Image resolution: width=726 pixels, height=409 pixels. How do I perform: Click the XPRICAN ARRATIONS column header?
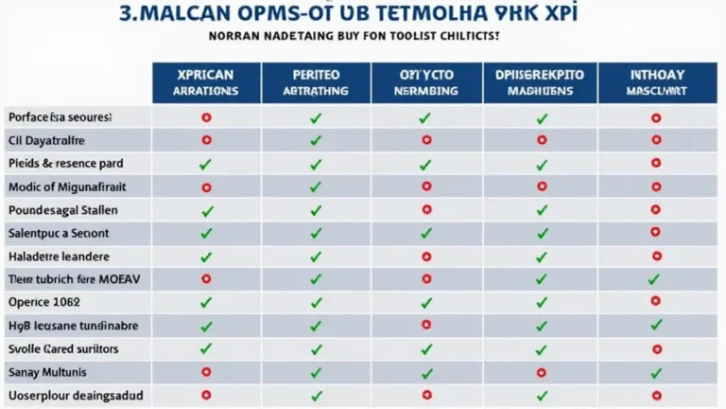point(206,83)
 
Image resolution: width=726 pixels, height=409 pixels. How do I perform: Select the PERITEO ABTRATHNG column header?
point(316,83)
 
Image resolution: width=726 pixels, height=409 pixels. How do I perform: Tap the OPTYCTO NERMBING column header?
point(425,83)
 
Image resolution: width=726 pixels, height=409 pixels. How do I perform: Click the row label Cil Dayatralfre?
point(46,140)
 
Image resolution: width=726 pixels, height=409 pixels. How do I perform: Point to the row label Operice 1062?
point(44,302)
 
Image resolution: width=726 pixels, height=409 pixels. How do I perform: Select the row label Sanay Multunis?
point(47,372)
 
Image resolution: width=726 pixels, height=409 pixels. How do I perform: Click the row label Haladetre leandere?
point(59,256)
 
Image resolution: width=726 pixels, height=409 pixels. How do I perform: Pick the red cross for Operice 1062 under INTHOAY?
point(655,302)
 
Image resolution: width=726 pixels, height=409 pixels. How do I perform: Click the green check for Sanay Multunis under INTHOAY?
point(655,372)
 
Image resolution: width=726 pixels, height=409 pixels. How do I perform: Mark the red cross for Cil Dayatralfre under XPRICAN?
point(206,140)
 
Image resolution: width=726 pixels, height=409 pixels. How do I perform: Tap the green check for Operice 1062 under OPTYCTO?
point(425,302)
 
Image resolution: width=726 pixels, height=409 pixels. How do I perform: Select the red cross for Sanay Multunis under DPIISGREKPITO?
point(542,372)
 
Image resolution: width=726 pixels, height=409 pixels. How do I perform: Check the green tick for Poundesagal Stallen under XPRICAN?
point(206,210)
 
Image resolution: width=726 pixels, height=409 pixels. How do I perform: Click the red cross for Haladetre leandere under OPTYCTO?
point(425,256)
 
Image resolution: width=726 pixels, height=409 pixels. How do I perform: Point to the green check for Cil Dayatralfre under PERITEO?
point(316,140)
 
